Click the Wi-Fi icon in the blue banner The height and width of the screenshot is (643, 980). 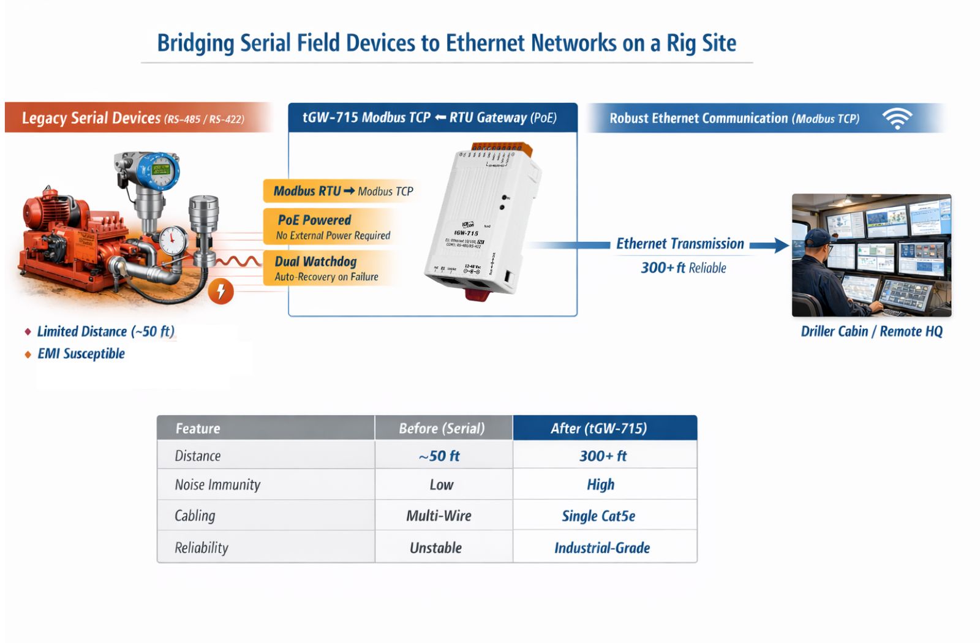coord(897,118)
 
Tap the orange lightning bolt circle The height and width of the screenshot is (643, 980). coord(221,291)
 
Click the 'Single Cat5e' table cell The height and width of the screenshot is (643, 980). coord(598,516)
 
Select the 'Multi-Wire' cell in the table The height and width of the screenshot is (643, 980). coord(439,516)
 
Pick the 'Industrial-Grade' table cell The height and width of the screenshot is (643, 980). coord(602,547)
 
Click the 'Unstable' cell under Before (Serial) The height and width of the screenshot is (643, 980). coord(435,547)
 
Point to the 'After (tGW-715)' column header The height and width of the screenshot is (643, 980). coord(598,428)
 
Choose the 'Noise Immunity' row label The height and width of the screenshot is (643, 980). coord(217,484)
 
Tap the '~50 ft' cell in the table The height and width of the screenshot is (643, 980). coord(439,456)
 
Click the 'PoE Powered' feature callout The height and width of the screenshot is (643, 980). coord(314,220)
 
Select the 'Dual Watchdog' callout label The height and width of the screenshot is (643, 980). coord(315,261)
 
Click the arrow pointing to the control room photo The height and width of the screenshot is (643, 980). coord(769,246)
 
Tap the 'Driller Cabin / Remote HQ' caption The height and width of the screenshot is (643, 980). coord(872,331)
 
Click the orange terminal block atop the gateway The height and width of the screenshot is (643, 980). coord(502,149)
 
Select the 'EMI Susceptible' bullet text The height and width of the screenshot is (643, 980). coord(81,353)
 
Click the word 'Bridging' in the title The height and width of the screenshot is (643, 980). coord(195,43)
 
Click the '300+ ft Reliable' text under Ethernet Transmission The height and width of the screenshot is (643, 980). coord(683,268)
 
